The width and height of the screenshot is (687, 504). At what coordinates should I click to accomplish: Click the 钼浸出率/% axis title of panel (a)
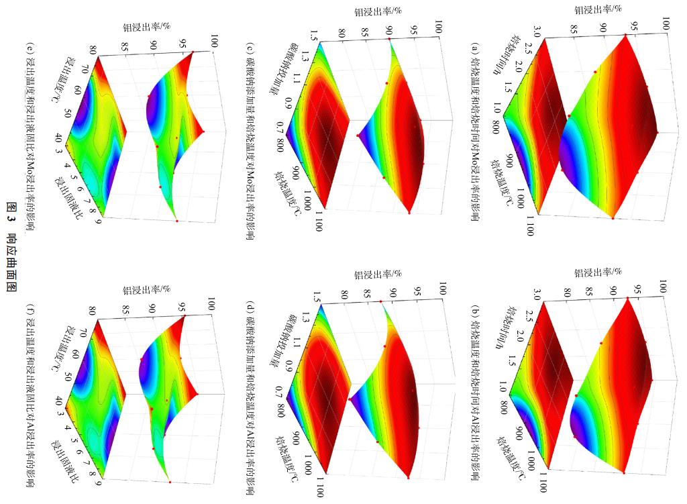[598, 9]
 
